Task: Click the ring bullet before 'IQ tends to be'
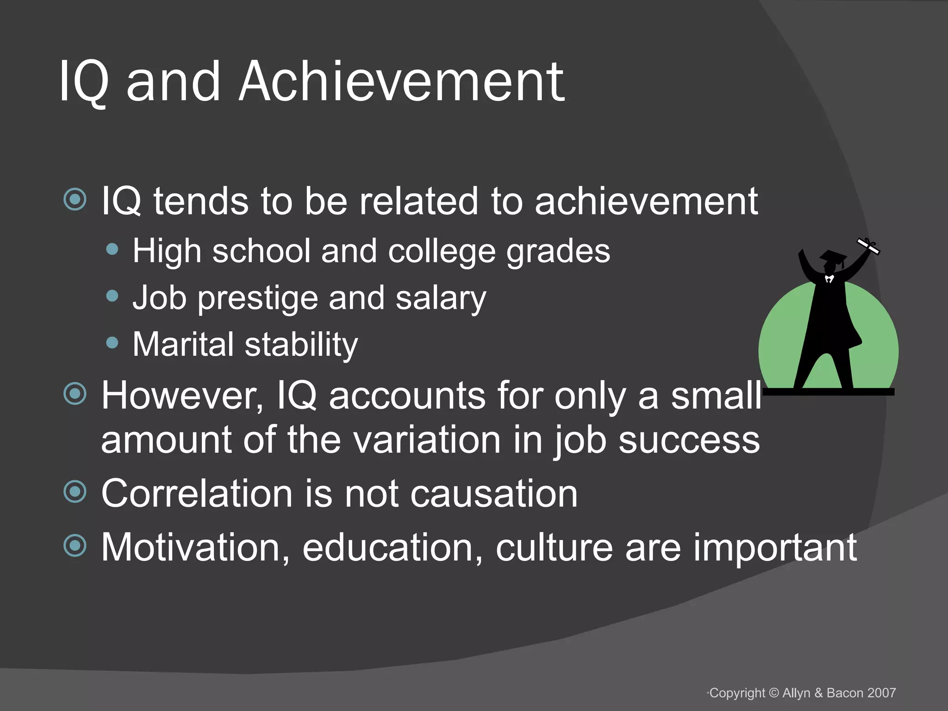point(75,200)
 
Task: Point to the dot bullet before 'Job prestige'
point(112,296)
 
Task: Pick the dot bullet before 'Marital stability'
point(112,343)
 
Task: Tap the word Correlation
point(197,493)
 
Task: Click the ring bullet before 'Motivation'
point(75,545)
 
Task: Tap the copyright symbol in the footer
point(774,693)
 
